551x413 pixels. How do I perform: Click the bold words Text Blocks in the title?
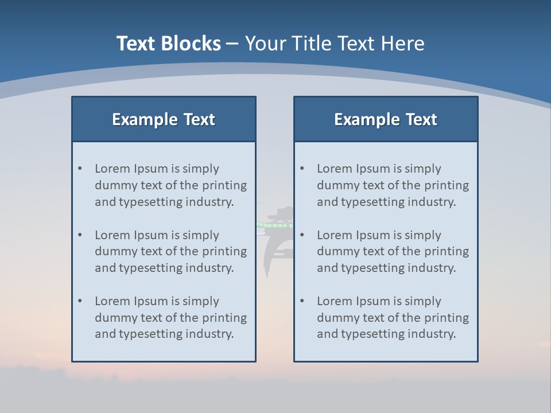[168, 44]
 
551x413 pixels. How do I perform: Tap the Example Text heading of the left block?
[164, 119]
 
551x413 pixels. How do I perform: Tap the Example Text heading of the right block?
[386, 119]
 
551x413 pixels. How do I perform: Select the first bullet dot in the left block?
[80, 169]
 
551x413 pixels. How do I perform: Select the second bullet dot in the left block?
[80, 235]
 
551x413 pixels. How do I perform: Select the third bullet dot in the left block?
[80, 301]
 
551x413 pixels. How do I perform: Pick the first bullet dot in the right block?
[302, 169]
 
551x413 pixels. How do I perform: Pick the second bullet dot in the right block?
[302, 235]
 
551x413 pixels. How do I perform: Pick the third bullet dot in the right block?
[302, 301]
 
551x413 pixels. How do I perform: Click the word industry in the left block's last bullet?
[210, 334]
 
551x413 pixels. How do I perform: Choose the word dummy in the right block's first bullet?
[336, 185]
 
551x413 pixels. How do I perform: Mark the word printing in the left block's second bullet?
[224, 251]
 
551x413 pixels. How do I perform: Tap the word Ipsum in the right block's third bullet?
[373, 301]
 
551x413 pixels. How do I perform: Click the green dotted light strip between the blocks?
[274, 225]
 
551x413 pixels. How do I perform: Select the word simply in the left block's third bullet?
[201, 301]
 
